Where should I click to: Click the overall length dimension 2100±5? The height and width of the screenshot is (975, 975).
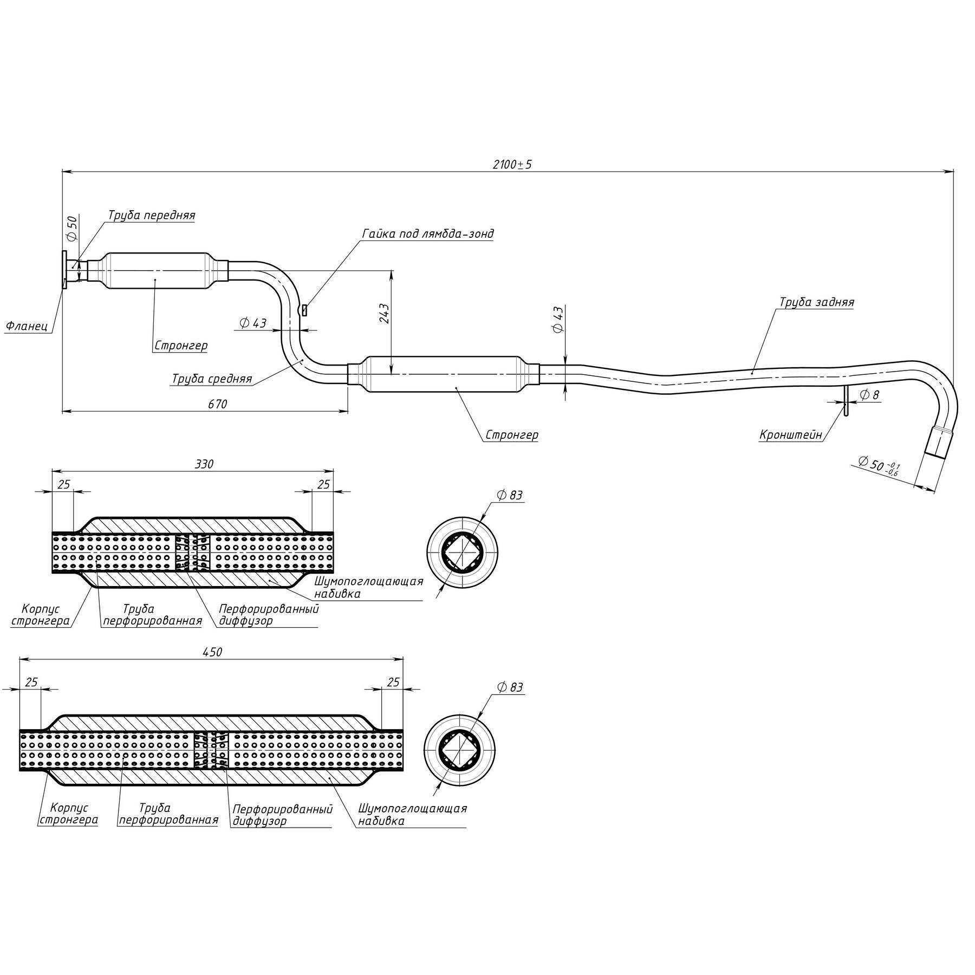point(512,165)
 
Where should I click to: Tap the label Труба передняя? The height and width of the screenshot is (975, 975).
point(151,215)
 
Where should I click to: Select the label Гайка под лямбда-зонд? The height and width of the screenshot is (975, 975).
point(427,233)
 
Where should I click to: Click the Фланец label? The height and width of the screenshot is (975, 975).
point(27,326)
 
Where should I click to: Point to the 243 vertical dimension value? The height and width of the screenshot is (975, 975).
point(384,314)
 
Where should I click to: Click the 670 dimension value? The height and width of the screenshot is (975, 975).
point(217,404)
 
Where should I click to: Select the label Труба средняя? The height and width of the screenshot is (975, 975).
point(212,379)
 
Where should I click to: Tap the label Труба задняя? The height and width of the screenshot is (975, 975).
point(816,302)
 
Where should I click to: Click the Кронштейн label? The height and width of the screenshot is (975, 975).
point(790,434)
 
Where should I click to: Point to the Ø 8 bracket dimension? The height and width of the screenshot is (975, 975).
point(869,395)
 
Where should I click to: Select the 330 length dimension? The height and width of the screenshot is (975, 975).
point(204,464)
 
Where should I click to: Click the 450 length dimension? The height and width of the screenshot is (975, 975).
point(212,652)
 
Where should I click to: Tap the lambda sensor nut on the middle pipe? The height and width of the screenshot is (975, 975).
point(305,310)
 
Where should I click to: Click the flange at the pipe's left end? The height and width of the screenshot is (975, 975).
point(64,270)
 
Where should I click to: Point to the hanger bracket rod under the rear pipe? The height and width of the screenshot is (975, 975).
point(845,400)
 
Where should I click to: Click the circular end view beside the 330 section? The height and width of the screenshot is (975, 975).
point(462,552)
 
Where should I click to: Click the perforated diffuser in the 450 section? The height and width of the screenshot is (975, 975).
point(211,750)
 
